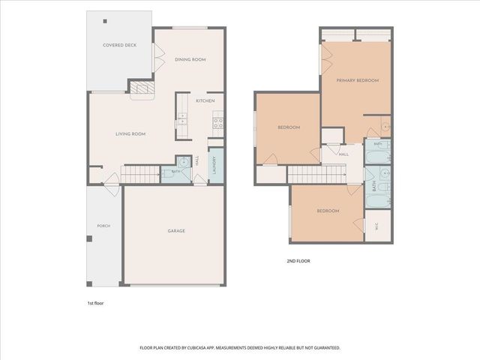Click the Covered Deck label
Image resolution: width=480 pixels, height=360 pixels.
119,45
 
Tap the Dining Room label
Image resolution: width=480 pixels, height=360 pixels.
190,59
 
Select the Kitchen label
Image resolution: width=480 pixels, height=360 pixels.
205,100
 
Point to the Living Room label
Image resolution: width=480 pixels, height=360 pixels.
130,134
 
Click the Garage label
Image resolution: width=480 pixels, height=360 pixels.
176,231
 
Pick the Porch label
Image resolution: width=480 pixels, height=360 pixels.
103,226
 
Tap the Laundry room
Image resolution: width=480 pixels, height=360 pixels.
216,166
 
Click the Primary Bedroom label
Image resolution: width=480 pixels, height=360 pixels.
358,80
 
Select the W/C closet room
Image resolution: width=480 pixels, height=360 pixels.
378,226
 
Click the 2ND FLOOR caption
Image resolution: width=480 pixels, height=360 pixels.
298,261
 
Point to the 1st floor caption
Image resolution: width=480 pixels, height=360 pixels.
95,303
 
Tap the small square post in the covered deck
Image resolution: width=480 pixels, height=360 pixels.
105,21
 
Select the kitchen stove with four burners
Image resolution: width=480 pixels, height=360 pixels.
218,123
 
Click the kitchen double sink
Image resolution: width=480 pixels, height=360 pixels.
182,118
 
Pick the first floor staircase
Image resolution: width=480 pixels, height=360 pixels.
140,175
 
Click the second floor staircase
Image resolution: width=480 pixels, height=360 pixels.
316,174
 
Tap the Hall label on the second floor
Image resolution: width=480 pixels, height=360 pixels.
343,154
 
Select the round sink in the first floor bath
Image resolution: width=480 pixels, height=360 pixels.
184,162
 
